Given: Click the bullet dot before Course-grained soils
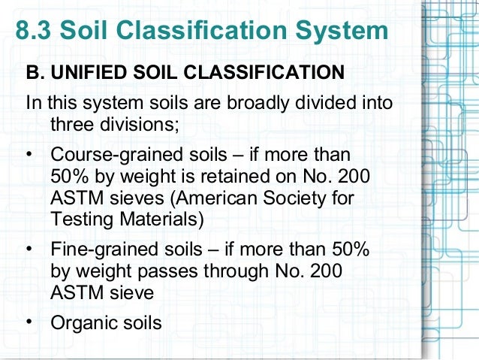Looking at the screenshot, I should point(29,154).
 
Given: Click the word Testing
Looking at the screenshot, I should point(78,219).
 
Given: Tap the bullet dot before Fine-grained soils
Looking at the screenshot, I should point(29,248).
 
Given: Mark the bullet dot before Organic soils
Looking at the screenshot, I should point(29,322).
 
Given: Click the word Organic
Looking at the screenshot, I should point(80,324).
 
